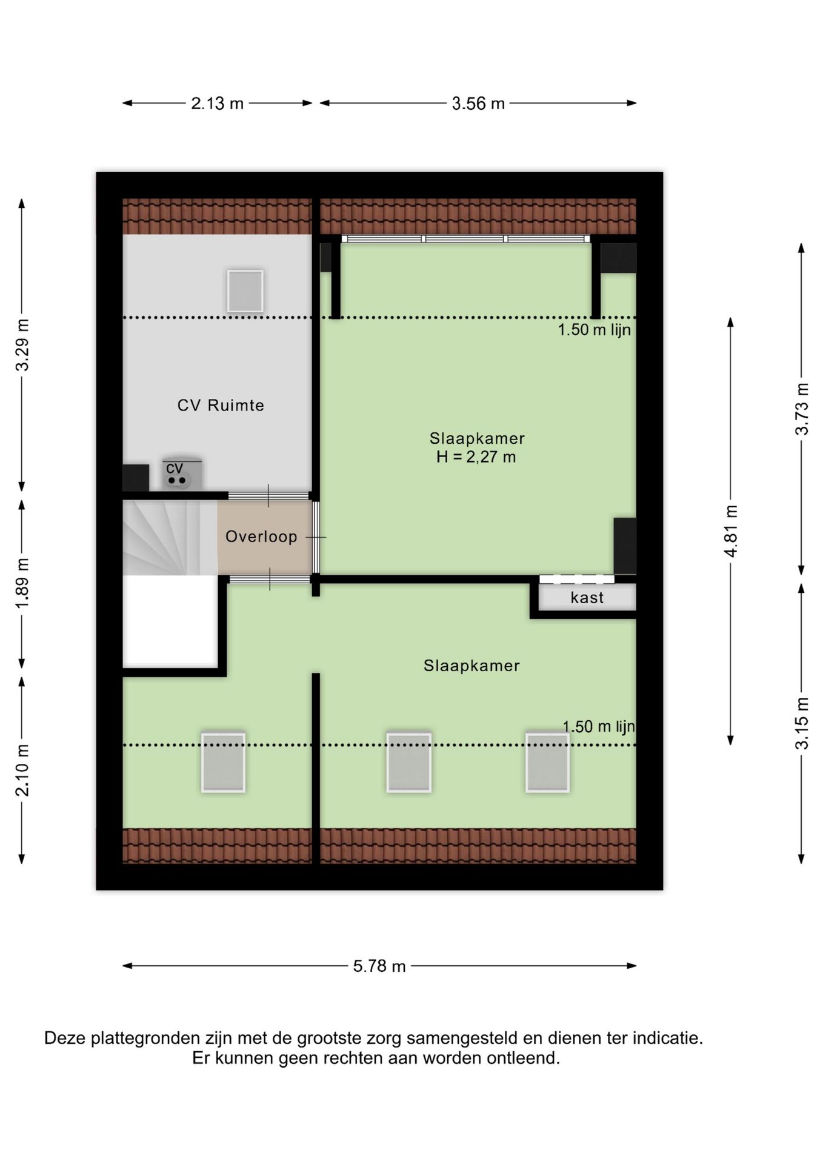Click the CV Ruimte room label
pyautogui.click(x=221, y=405)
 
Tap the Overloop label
pyautogui.click(x=261, y=537)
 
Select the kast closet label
pyautogui.click(x=587, y=598)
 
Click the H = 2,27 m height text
pyautogui.click(x=476, y=457)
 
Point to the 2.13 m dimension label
pyautogui.click(x=217, y=104)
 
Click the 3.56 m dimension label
pyautogui.click(x=478, y=104)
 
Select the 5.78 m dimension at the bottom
pyautogui.click(x=379, y=966)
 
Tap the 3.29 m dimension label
pyautogui.click(x=22, y=344)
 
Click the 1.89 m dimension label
pyautogui.click(x=22, y=584)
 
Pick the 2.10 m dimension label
pyautogui.click(x=22, y=770)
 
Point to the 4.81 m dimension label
pyautogui.click(x=731, y=531)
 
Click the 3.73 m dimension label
pyautogui.click(x=802, y=409)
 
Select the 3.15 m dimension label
pyautogui.click(x=802, y=723)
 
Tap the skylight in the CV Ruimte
pyautogui.click(x=245, y=291)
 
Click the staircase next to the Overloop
pyautogui.click(x=170, y=537)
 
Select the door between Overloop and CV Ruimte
pyautogui.click(x=268, y=496)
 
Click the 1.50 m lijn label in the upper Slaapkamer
pyautogui.click(x=594, y=330)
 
